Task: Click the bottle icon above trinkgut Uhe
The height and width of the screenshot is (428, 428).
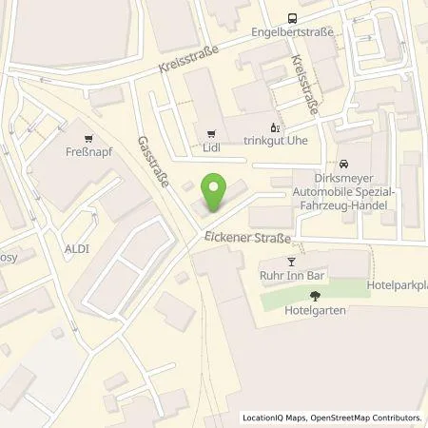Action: tap(276, 126)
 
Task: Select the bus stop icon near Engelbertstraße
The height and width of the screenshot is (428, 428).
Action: tap(292, 17)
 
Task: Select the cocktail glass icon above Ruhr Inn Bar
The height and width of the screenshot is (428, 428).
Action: tap(291, 263)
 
